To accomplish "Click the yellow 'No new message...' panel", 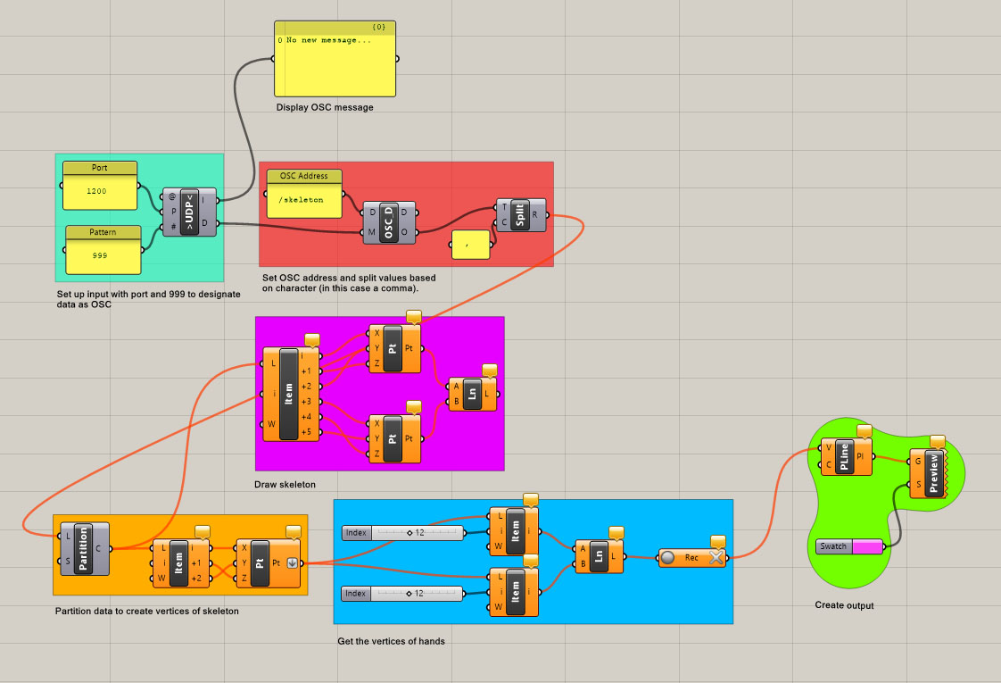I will coord(335,62).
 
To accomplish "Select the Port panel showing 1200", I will coord(100,190).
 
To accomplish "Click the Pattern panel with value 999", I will coord(103,254).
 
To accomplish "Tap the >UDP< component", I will coord(189,212).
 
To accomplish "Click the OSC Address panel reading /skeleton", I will coord(303,199).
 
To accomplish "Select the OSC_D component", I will coord(389,223).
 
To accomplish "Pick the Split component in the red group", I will coord(520,214).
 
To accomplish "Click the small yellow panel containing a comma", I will coord(470,244).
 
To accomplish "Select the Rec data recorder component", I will coord(692,558).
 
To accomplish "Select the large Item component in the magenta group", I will coord(288,394).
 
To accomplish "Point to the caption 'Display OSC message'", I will coord(325,107).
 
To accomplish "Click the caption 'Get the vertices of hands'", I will coord(391,641).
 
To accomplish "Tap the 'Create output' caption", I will coord(844,605).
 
